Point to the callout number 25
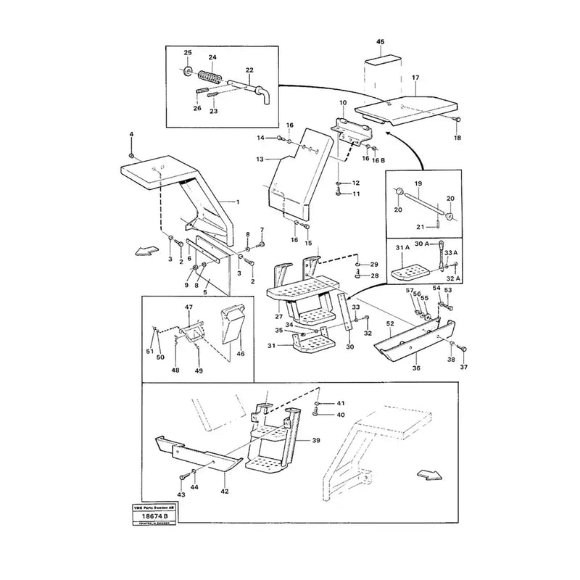coord(187,54)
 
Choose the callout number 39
coord(315,440)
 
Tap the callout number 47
coord(189,308)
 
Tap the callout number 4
coord(131,135)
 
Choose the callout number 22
coord(249,71)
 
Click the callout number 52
coord(390,323)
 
